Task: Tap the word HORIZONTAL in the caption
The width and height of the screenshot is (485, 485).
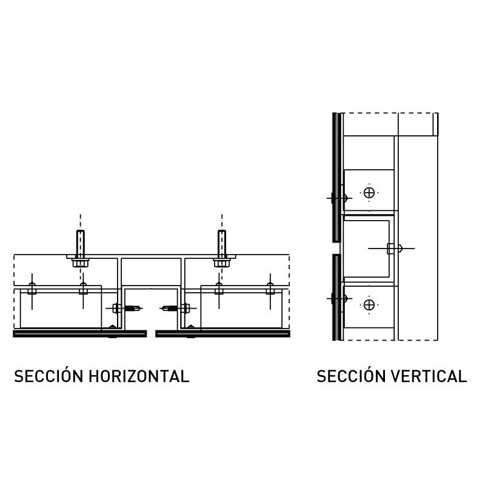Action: tap(139, 376)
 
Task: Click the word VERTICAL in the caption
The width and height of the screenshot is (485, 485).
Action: tap(429, 376)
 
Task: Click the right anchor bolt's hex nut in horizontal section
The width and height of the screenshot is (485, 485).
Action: tap(221, 263)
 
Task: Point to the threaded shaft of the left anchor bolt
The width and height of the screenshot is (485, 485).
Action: tap(79, 242)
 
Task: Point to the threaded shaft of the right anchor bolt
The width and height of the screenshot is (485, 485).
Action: tap(222, 242)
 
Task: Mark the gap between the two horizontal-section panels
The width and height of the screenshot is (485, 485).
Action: tap(152, 333)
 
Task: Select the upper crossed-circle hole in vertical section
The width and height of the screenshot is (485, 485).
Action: tap(369, 193)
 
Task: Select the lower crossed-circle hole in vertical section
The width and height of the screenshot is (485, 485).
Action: tap(369, 304)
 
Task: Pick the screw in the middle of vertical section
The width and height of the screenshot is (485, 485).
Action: tap(394, 248)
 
